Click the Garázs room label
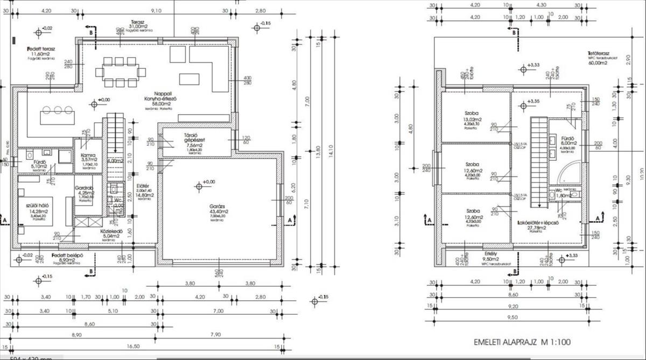217,206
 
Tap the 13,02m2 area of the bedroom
474,120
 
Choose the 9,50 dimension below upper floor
509,317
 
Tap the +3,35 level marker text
533,101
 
